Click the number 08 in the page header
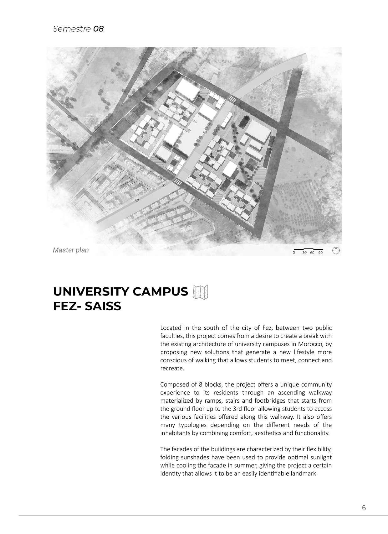(x=99, y=29)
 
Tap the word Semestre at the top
(x=72, y=29)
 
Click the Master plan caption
(x=71, y=250)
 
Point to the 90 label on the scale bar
(x=320, y=253)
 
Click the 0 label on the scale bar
(x=294, y=253)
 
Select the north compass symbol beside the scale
(x=336, y=251)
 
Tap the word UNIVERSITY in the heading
(x=91, y=292)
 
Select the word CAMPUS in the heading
(x=161, y=292)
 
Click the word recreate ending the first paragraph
(x=171, y=369)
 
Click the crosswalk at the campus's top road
(x=232, y=99)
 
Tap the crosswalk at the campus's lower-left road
(x=177, y=182)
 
